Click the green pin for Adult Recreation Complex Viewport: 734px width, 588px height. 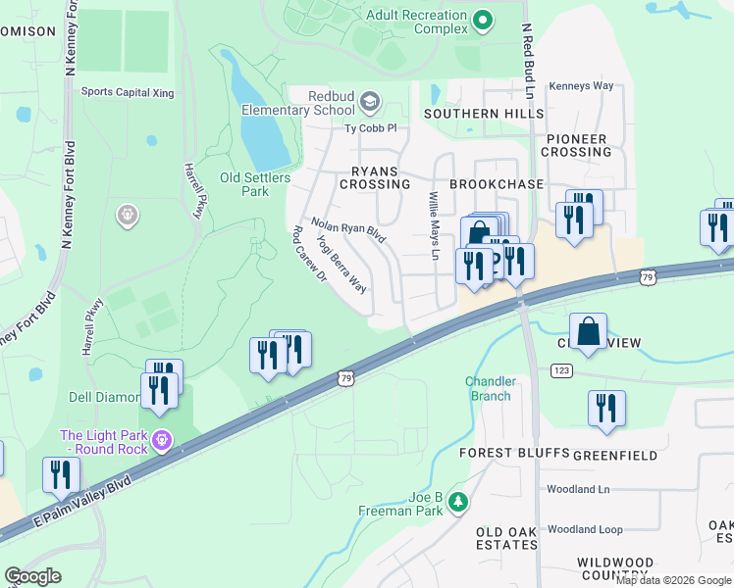pos(482,20)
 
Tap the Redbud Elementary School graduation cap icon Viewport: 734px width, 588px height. pos(370,101)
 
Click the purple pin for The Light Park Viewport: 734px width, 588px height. pos(164,442)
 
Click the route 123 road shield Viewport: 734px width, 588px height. pos(560,371)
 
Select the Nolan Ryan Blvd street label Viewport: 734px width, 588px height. pos(348,230)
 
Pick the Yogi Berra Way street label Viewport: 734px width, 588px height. pos(341,265)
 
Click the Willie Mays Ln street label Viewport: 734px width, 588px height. pos(433,225)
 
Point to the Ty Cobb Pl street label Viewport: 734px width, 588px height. pos(369,128)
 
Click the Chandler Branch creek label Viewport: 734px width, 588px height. pos(489,388)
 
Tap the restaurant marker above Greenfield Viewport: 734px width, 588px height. pos(606,407)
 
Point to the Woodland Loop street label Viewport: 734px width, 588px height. pos(585,529)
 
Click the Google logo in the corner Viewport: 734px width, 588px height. pos(32,576)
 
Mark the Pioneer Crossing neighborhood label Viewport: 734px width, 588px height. pos(577,145)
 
